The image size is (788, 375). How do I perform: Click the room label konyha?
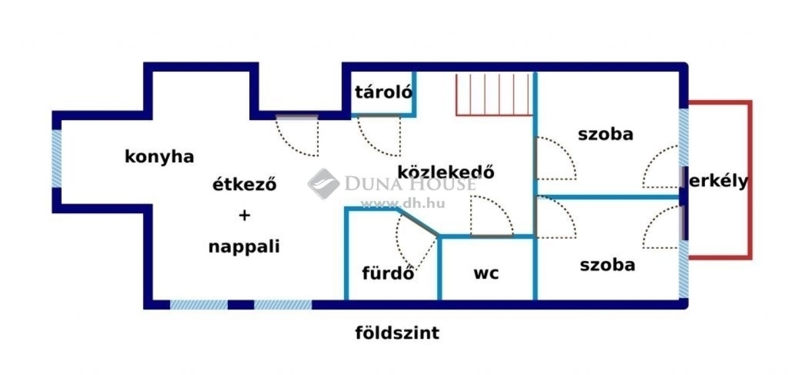pos(159,157)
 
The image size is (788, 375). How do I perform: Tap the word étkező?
pos(245,184)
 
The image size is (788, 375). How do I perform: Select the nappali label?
pos(244,247)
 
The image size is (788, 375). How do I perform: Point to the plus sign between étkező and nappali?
pos(245,215)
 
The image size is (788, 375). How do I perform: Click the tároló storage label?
pos(383,92)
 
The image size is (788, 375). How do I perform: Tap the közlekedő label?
pos(446,172)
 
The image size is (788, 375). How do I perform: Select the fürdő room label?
pos(388,273)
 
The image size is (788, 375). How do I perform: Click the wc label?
pos(486,274)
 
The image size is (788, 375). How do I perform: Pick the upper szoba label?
pos(606,134)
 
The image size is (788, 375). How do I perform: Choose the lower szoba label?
pos(608,265)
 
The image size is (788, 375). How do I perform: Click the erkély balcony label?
pos(718,181)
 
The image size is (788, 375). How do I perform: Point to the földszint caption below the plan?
pos(397,332)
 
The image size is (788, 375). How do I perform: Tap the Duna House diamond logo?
pos(323,184)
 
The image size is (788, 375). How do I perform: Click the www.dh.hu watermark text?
pos(403,204)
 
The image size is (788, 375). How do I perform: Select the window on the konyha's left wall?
pos(57,159)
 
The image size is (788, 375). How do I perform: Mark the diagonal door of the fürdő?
pos(418,222)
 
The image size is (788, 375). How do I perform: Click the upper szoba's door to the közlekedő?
pos(535,159)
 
